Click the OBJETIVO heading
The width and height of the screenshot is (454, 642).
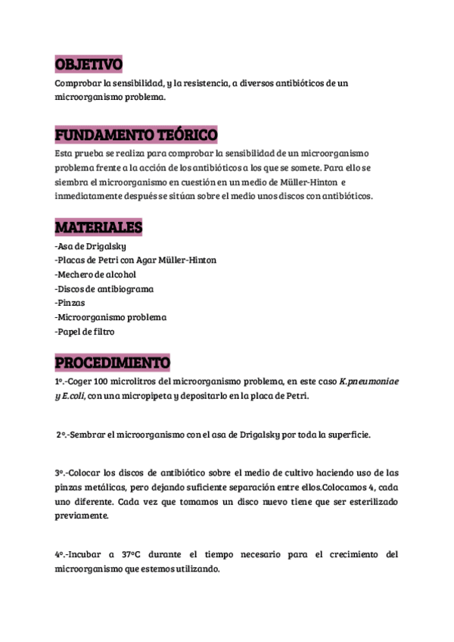pyautogui.click(x=89, y=64)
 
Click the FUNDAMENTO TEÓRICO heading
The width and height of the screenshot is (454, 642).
pyautogui.click(x=136, y=136)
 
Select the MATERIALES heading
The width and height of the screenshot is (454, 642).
pyautogui.click(x=98, y=228)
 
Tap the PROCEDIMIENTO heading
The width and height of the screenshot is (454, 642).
pyautogui.click(x=113, y=363)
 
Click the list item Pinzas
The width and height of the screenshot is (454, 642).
pyautogui.click(x=70, y=303)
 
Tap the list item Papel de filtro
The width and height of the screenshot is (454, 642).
pyautogui.click(x=86, y=331)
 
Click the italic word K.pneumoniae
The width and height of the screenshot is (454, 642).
pyautogui.click(x=369, y=382)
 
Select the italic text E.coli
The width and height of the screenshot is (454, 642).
pyautogui.click(x=76, y=395)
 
